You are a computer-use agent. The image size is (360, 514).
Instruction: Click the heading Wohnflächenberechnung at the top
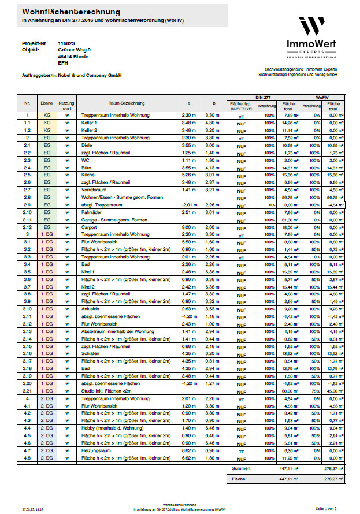[x=71, y=12]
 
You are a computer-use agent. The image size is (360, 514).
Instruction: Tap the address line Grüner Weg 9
[x=75, y=50]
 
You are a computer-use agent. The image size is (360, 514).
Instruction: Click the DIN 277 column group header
[x=265, y=96]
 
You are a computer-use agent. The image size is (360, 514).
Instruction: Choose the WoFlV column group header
[x=322, y=96]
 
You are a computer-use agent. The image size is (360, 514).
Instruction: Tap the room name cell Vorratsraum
[x=93, y=190]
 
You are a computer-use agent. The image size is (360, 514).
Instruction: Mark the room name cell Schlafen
[x=91, y=353]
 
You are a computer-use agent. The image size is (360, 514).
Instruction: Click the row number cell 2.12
[x=27, y=227]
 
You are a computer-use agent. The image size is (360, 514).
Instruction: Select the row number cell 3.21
[x=27, y=390]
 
